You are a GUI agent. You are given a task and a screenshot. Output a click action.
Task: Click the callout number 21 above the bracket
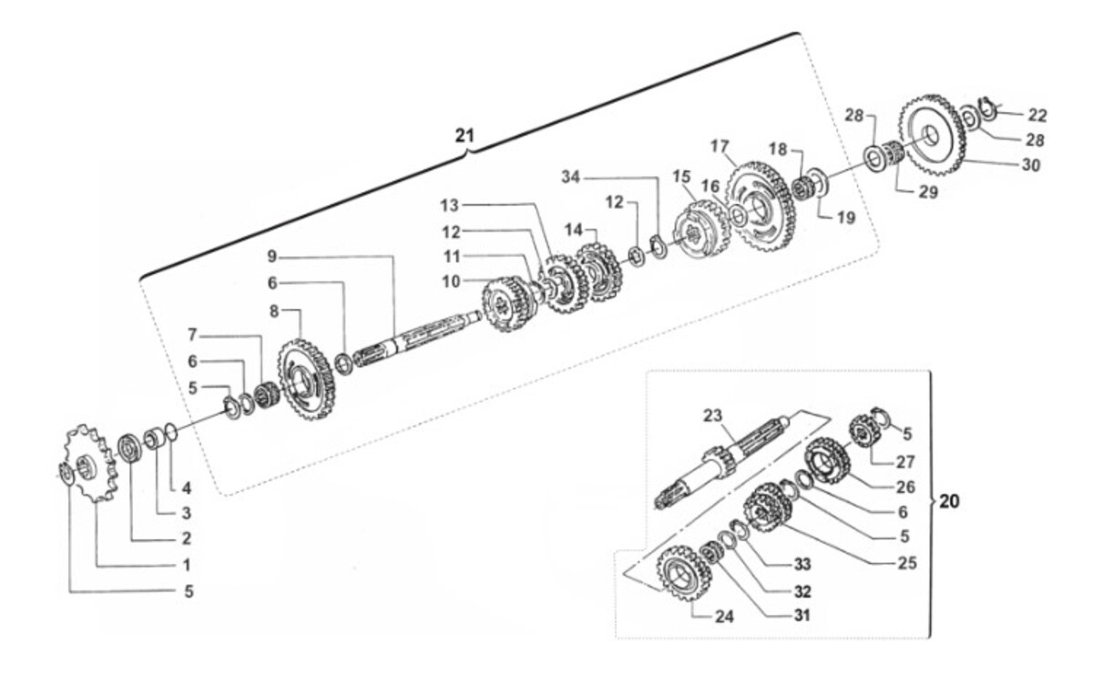click(464, 135)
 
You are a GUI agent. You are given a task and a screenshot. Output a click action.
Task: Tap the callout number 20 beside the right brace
click(949, 501)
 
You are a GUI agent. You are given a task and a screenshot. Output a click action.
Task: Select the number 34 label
click(570, 177)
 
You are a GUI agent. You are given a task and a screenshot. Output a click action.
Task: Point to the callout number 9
click(271, 256)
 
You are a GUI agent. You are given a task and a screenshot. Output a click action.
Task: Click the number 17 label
click(720, 146)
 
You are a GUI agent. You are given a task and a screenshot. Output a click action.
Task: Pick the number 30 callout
click(1031, 165)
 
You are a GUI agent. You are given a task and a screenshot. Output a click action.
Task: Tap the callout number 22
click(1037, 115)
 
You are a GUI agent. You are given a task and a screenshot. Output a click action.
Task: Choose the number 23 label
click(712, 415)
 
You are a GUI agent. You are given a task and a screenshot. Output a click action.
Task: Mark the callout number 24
click(724, 617)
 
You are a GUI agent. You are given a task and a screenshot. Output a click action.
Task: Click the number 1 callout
click(187, 565)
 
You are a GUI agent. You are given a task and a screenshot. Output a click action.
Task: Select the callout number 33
click(802, 564)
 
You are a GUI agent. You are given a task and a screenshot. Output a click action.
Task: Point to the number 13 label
click(449, 206)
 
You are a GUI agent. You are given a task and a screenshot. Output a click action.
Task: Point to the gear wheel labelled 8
click(307, 380)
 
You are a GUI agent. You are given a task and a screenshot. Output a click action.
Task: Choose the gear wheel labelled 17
click(761, 207)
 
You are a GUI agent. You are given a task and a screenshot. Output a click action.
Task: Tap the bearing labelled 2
click(130, 447)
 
